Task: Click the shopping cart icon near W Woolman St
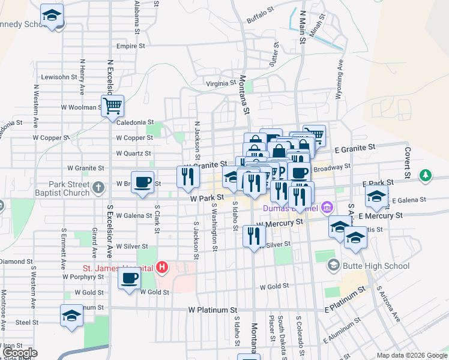(112, 107)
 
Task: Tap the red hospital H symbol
(161, 267)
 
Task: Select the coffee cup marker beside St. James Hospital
(129, 278)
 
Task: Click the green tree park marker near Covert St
(426, 175)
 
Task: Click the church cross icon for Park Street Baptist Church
(98, 188)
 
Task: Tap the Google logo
(21, 353)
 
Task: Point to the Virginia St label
(221, 84)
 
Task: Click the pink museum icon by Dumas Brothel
(327, 208)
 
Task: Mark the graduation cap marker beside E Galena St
(376, 196)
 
